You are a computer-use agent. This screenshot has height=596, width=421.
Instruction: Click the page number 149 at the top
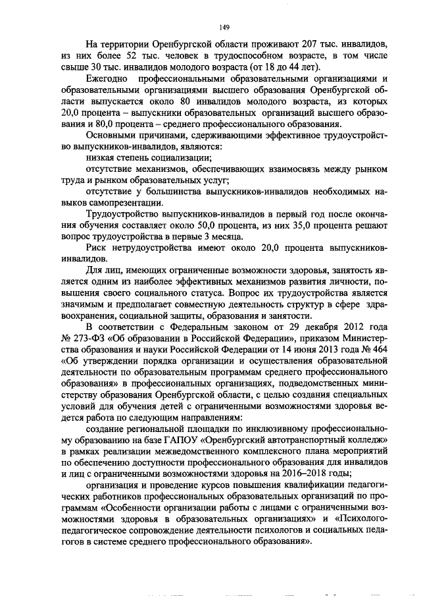[224, 26]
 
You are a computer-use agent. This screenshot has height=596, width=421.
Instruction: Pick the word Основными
[112, 136]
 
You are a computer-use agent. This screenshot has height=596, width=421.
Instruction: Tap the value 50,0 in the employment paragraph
[218, 227]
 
